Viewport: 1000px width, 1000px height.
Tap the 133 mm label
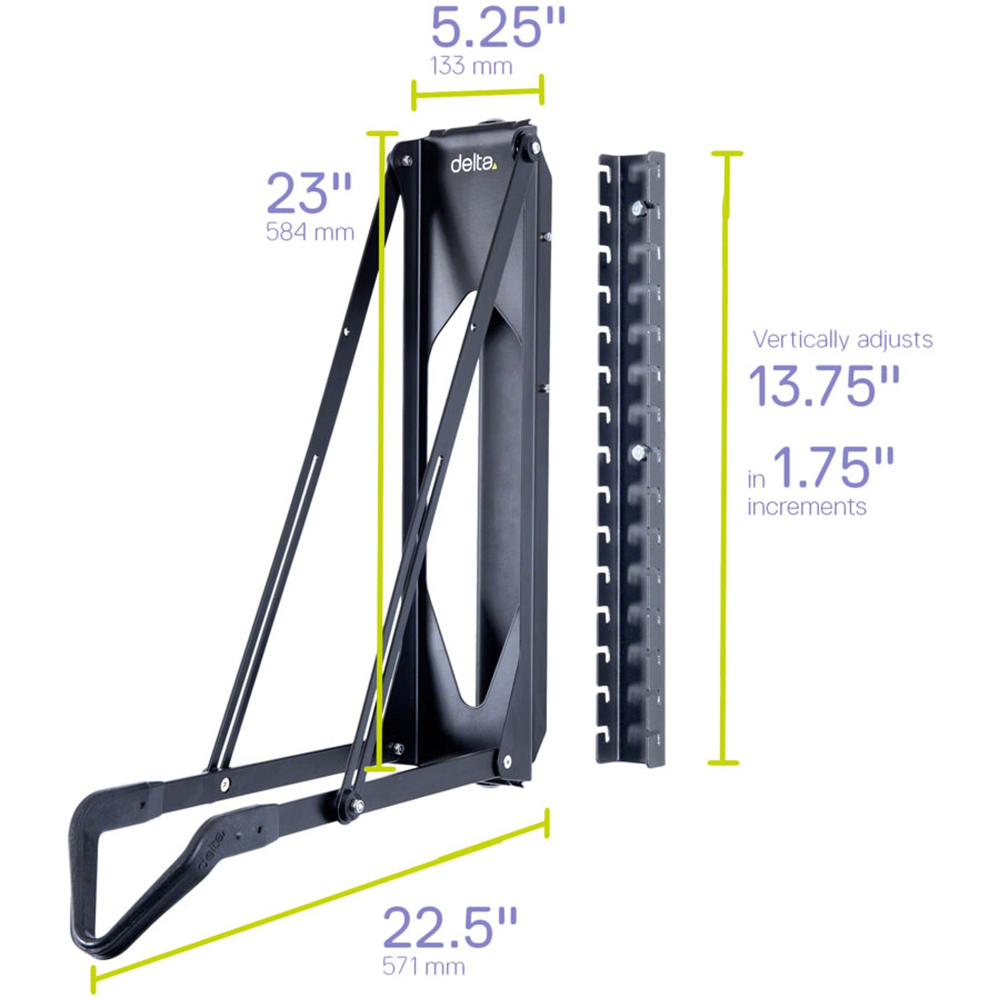(471, 66)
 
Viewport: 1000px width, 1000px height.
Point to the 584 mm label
(310, 232)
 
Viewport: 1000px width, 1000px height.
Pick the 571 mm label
(423, 966)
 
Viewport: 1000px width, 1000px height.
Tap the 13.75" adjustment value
(824, 386)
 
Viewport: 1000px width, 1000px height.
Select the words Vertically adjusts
(842, 339)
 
